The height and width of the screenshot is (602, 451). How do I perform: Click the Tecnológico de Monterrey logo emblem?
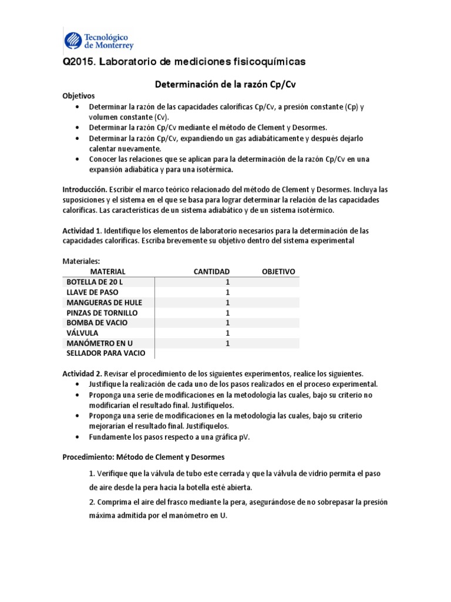coord(73,39)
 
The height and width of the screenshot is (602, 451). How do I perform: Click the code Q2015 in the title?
coord(78,62)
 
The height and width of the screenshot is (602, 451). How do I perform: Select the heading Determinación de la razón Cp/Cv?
coord(224,84)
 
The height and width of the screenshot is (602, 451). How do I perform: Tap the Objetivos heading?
coord(78,96)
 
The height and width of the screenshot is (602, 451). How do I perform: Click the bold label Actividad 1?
coord(82,231)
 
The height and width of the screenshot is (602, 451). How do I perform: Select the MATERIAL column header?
coord(107,271)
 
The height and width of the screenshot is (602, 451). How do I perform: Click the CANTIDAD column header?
coord(211,271)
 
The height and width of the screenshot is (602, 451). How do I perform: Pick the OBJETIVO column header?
coord(278,271)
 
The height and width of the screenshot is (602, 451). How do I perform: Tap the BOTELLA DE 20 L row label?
coord(95,282)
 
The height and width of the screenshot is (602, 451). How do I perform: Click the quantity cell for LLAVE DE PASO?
coord(227,292)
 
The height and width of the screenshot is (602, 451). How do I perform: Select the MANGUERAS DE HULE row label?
coord(105,302)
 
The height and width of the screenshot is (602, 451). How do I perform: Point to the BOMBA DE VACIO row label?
coord(97,323)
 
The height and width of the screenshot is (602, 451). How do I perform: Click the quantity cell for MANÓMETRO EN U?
coord(227,343)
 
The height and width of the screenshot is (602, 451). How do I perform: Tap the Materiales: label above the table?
coord(81,260)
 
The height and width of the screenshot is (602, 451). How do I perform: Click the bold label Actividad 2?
coord(82,373)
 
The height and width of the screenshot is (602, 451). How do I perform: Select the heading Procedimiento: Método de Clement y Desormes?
coord(143,457)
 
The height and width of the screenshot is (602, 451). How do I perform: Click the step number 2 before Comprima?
coord(92,502)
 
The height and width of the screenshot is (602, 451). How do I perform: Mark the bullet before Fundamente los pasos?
coord(78,437)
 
